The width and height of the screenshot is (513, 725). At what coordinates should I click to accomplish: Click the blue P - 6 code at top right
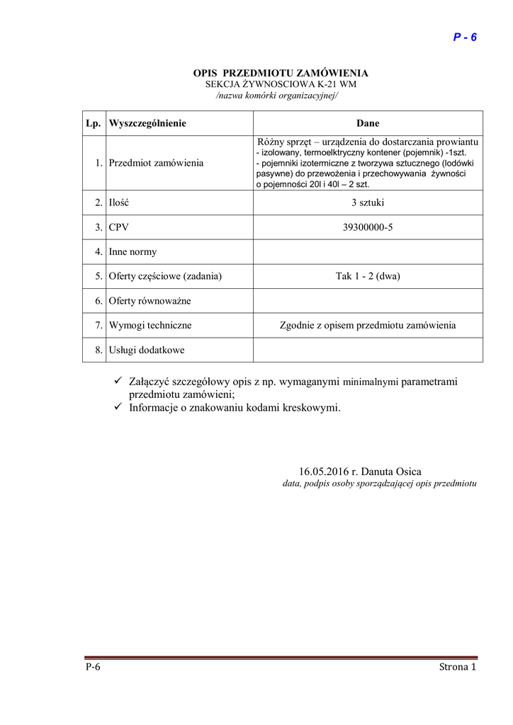point(465,38)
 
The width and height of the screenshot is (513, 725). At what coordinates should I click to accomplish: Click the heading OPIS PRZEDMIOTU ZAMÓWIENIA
point(281,73)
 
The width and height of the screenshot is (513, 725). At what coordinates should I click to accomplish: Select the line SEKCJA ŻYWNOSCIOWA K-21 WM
point(281,84)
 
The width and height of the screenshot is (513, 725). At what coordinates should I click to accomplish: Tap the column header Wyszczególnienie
point(147,123)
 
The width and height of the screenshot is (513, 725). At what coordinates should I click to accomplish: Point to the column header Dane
point(368,123)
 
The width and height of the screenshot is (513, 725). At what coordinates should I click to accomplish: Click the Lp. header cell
point(93,123)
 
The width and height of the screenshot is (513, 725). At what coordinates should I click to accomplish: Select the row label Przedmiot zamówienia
point(156,163)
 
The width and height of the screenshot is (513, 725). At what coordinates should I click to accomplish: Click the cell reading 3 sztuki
point(368,202)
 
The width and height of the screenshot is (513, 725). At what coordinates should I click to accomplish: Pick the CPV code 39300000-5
point(368,227)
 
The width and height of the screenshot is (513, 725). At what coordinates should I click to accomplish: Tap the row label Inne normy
point(133,251)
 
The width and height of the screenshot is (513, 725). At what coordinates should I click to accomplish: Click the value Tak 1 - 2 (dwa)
point(368,276)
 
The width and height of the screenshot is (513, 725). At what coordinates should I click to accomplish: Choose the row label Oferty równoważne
point(150,301)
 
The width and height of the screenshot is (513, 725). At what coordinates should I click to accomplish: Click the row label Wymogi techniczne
point(150,326)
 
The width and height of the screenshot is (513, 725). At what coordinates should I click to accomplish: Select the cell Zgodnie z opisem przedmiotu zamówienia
point(368,326)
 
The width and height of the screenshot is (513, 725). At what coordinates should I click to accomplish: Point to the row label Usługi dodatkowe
point(147,350)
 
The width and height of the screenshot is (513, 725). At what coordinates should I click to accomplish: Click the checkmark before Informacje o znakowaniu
point(119,407)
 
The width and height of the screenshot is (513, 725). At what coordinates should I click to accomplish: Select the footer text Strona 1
point(458,667)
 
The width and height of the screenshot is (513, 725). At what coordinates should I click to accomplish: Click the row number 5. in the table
point(98,276)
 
